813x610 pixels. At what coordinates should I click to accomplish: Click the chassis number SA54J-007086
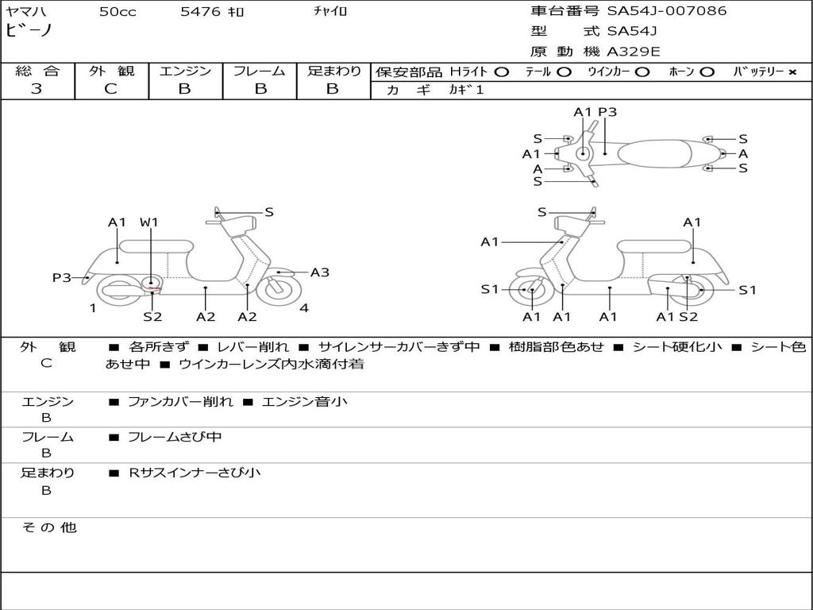point(667,11)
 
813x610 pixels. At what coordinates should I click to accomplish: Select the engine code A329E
point(634,52)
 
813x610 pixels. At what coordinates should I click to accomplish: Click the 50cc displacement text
point(118,12)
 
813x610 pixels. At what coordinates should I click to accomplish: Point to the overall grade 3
point(37,89)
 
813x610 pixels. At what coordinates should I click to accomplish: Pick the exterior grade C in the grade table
point(110,89)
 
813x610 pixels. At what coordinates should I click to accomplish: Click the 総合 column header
point(37,71)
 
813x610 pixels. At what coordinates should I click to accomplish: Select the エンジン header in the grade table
point(185,71)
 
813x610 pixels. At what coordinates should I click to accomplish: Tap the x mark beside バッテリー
point(792,72)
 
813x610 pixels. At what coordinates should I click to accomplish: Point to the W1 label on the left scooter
point(149,222)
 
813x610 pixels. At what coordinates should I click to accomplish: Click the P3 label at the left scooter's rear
point(62,278)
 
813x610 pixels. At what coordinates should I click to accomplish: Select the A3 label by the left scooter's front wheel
point(319,272)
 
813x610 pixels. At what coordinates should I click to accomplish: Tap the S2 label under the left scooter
point(152,317)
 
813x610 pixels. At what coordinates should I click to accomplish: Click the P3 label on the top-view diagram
point(607,112)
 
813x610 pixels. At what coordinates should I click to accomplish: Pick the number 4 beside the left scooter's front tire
point(304,308)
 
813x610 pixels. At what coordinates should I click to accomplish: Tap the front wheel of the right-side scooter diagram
point(530,291)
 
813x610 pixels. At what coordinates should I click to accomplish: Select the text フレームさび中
point(175,437)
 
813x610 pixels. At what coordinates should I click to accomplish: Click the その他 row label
point(48,527)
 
